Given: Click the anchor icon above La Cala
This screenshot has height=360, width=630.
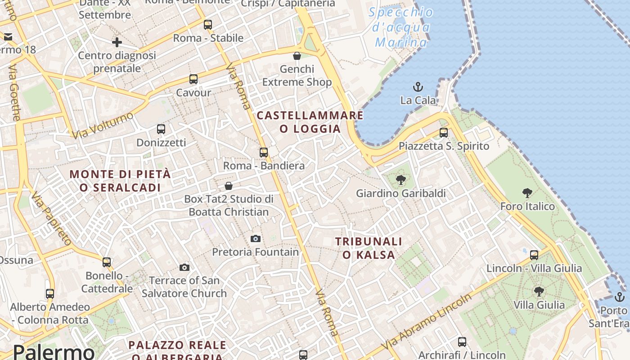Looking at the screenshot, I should pos(418,86).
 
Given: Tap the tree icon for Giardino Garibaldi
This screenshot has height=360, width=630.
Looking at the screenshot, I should pos(400,180).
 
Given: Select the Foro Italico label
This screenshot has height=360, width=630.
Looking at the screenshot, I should pos(527,207).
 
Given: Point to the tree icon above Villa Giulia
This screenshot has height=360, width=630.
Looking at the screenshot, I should pos(539,292).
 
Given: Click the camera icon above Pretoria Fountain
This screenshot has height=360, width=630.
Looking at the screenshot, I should pos(256,238).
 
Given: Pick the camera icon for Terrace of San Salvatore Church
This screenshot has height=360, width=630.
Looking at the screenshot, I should pos(184,267).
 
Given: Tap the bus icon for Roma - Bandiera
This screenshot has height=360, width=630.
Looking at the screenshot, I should pos(264,153).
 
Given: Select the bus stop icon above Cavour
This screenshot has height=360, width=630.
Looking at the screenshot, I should pos(193,79).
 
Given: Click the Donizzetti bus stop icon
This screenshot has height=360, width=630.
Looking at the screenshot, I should pos(161,129).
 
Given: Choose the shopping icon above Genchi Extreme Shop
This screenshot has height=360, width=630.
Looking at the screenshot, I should pos(297,56).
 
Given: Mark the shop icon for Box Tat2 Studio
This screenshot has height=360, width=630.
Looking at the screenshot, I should pos(229,186).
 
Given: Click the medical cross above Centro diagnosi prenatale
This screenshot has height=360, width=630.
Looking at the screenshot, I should pos(117,42).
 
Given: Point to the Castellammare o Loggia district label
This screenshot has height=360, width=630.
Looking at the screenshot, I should pos(310,122).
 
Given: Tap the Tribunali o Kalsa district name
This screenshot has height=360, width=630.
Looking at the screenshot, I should pos(369,248).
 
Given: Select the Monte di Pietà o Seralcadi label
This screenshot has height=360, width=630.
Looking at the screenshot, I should pos(121,180).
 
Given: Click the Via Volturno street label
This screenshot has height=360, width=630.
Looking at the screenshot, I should pos(103,125).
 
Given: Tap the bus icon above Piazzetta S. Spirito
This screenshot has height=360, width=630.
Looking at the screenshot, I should pos(444,132).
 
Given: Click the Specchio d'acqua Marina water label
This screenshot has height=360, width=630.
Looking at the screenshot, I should pos(401,27).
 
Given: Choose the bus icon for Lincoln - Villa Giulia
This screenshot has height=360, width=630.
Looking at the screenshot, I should pos(534,255).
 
